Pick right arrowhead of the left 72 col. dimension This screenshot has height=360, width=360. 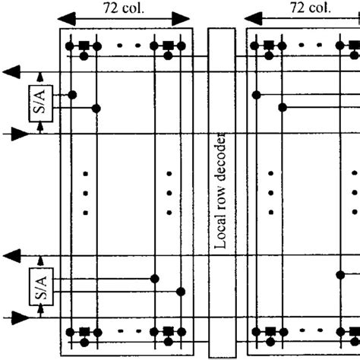tap(183, 19)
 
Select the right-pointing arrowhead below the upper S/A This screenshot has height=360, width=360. tap(21, 134)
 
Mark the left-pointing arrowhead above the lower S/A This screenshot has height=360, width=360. tap(11, 257)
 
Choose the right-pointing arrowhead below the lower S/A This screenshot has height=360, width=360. tap(21, 317)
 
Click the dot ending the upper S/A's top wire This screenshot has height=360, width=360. tap(72, 95)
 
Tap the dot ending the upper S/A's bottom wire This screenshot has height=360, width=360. tap(96, 108)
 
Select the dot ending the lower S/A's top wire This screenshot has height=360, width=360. tap(155, 279)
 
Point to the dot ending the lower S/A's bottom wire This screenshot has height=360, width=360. tap(180, 291)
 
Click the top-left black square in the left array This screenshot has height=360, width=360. tap(84, 46)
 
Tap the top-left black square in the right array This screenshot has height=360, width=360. tap(270, 46)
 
